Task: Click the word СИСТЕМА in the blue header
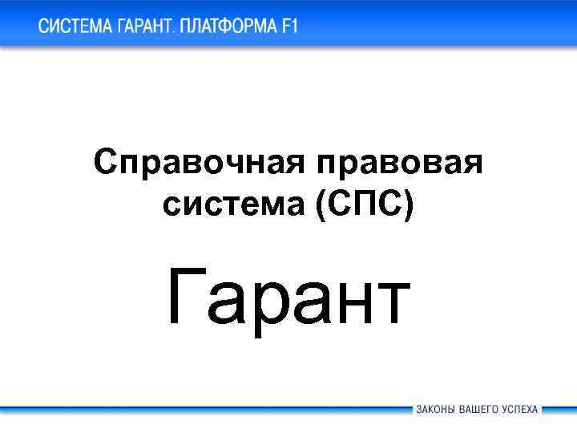pos(75,26)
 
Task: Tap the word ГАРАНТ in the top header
pos(147,26)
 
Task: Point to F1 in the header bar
pos(288,26)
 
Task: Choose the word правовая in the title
pos(399,164)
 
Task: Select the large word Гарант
pos(288,298)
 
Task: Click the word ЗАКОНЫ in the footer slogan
pos(435,409)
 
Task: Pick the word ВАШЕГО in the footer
pos(478,409)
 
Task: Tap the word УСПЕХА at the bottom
pos(520,409)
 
